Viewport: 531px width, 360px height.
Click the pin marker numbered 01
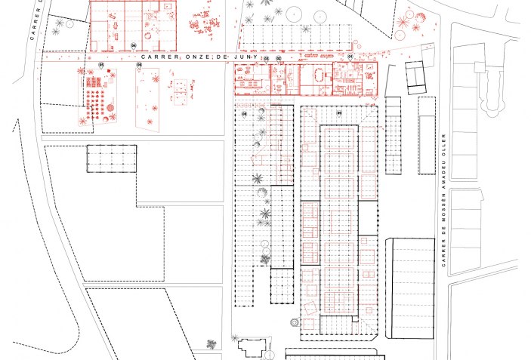coord(350,57)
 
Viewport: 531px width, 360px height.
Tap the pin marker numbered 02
coord(278,58)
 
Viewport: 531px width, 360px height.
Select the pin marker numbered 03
coord(267,58)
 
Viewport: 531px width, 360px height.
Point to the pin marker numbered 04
coord(134,46)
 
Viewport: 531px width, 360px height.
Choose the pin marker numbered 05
coord(100,66)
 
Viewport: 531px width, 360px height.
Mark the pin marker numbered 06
coord(140,66)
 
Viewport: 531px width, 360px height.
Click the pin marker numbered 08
coord(245,113)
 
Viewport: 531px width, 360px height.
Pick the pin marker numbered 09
coord(339,113)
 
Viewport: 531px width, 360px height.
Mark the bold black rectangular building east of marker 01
coord(415,78)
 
